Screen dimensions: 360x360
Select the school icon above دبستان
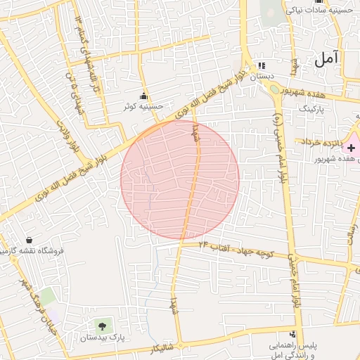[266, 64]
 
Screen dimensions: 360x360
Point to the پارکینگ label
[314, 110]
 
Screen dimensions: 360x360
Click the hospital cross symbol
[351, 148]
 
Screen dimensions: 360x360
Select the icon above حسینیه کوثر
[144, 96]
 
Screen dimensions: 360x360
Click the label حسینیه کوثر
[144, 107]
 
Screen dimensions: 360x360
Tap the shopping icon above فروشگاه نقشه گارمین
[29, 240]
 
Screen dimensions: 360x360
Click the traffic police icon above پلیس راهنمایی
[293, 334]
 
